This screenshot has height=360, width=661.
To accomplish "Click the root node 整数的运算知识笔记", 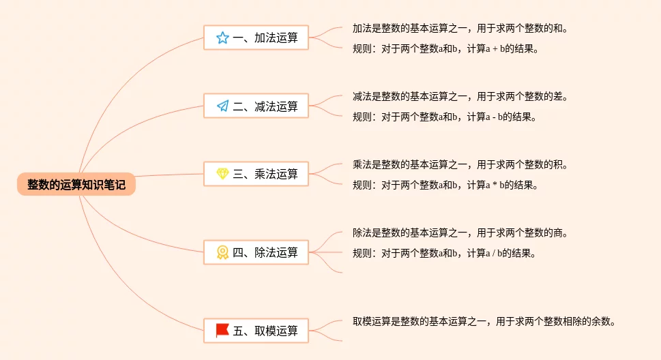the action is (x=76, y=184).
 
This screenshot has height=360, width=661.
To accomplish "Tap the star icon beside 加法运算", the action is (x=222, y=38).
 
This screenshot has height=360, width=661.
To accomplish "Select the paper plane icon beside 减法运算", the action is (x=222, y=106).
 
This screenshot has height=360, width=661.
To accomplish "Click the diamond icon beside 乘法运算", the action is (x=222, y=174).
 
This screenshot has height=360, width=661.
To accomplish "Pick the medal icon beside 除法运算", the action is (x=222, y=252).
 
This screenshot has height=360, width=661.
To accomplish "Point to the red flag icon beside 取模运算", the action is (x=222, y=331).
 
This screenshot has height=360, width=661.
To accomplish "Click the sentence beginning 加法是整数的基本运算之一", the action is (x=460, y=29).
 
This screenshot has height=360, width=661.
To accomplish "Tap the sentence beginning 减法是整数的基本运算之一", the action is (x=460, y=97).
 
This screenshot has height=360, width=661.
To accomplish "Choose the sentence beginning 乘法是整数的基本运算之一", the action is (x=460, y=165).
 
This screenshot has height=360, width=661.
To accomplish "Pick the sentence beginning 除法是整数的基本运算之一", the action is (x=460, y=233).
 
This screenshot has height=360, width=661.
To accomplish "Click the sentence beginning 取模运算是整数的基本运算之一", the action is (x=484, y=321).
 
